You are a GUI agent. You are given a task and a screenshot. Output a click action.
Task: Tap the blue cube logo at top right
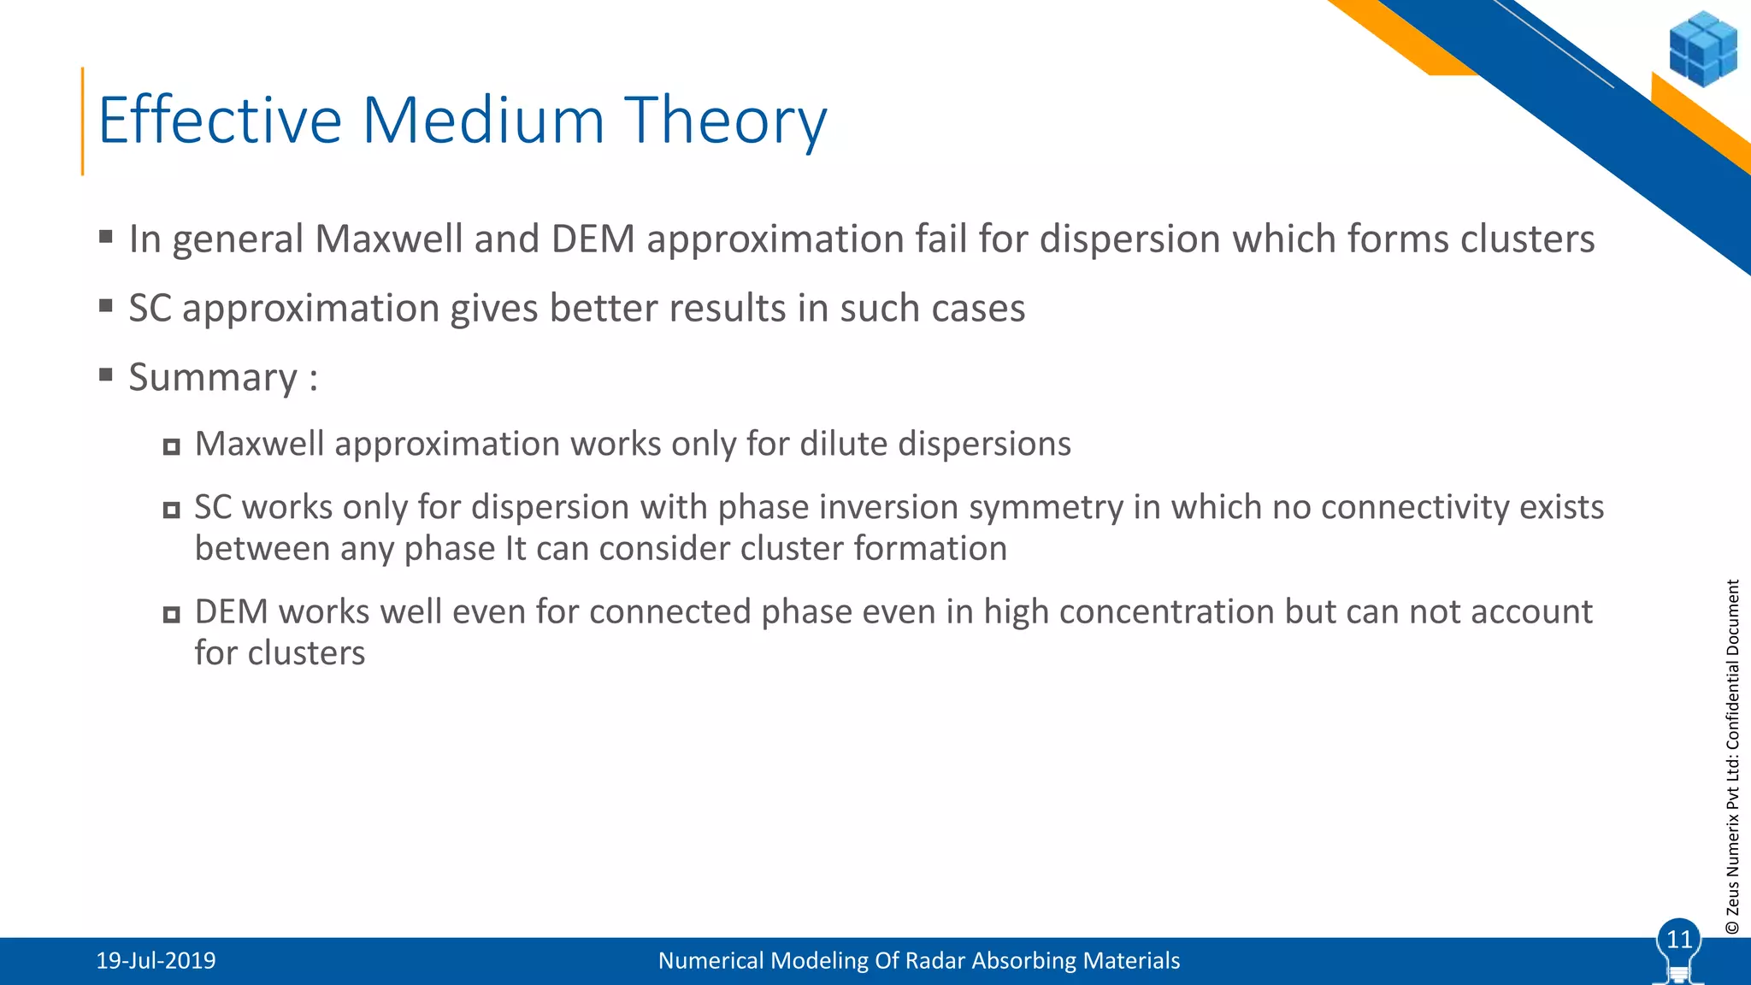tap(1702, 49)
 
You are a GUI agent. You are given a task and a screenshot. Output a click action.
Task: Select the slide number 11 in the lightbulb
tap(1679, 940)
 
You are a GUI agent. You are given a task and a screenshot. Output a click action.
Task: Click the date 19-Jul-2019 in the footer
tap(156, 961)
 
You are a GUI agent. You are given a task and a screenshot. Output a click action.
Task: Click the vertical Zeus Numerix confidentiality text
tap(1732, 757)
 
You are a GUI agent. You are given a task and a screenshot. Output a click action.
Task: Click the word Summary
tap(213, 377)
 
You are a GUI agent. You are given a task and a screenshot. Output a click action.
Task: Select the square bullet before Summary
tap(106, 375)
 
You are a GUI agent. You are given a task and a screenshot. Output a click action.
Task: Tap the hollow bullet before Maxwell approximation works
tap(172, 446)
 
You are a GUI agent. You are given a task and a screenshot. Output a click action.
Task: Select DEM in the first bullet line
tap(593, 239)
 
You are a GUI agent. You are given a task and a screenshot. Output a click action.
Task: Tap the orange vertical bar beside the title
tap(83, 121)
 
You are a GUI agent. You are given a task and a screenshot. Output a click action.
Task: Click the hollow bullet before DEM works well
tap(172, 614)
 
